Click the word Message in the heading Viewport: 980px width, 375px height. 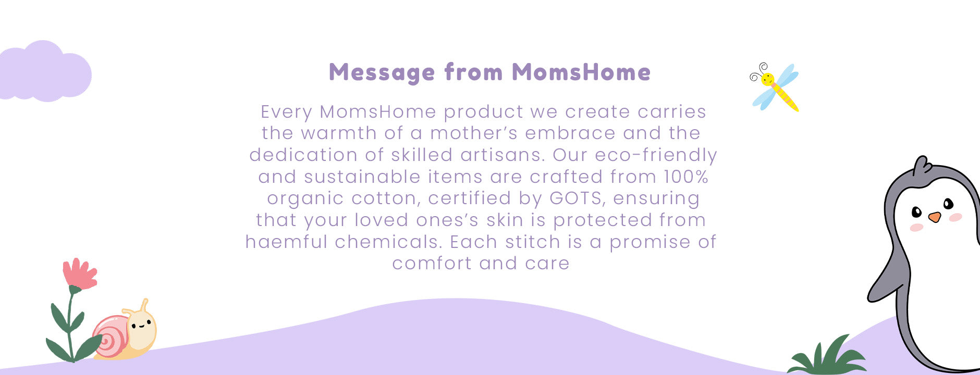point(382,73)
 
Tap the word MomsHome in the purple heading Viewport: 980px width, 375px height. point(581,72)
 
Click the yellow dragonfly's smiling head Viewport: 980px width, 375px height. point(767,79)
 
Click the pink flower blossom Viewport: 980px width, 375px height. point(79,273)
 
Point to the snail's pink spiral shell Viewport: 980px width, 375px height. point(111,336)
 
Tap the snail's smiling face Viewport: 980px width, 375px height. point(141,327)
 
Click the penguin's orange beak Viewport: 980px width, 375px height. point(935,217)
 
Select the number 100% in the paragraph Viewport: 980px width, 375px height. point(686,177)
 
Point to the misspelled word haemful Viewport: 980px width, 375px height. point(286,242)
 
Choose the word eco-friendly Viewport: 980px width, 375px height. point(656,156)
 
